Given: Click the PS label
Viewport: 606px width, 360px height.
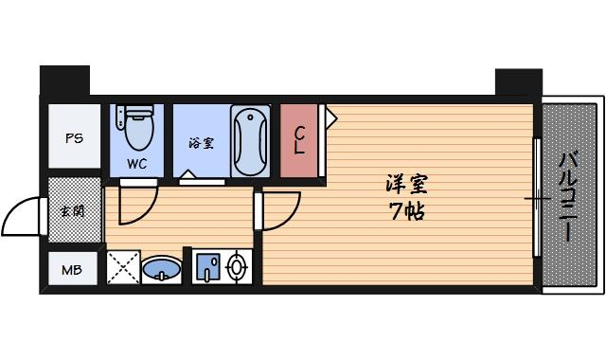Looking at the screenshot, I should pos(73,137).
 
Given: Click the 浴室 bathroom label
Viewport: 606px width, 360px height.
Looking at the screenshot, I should pos(200,144).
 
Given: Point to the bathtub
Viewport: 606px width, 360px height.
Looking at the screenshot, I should pos(250,140).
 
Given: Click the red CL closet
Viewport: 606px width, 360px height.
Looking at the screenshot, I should pos(299,140).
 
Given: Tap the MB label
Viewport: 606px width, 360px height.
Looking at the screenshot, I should pos(72,270).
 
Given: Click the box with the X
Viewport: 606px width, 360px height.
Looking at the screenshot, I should pos(123,266).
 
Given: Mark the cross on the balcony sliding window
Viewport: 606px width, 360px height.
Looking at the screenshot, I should pos(537,199).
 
